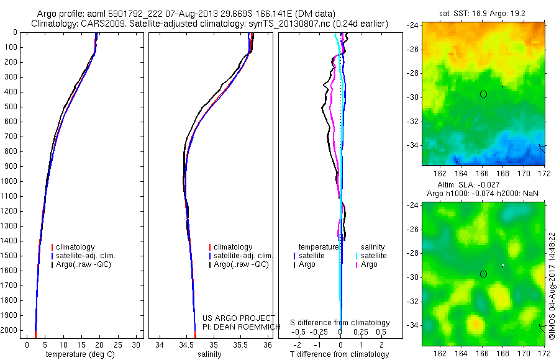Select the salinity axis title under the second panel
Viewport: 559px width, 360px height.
(x=213, y=354)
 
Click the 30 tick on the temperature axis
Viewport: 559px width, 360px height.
(x=136, y=344)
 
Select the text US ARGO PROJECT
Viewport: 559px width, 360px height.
(x=239, y=318)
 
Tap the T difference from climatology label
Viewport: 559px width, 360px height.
(x=340, y=354)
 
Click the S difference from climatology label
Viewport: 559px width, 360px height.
(x=340, y=323)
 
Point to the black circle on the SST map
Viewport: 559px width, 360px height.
(x=483, y=94)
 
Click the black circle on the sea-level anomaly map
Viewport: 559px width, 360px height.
(x=483, y=274)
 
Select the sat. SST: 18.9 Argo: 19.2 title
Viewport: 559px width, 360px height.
(x=483, y=12)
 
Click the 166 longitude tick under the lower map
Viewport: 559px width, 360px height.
(x=483, y=353)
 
